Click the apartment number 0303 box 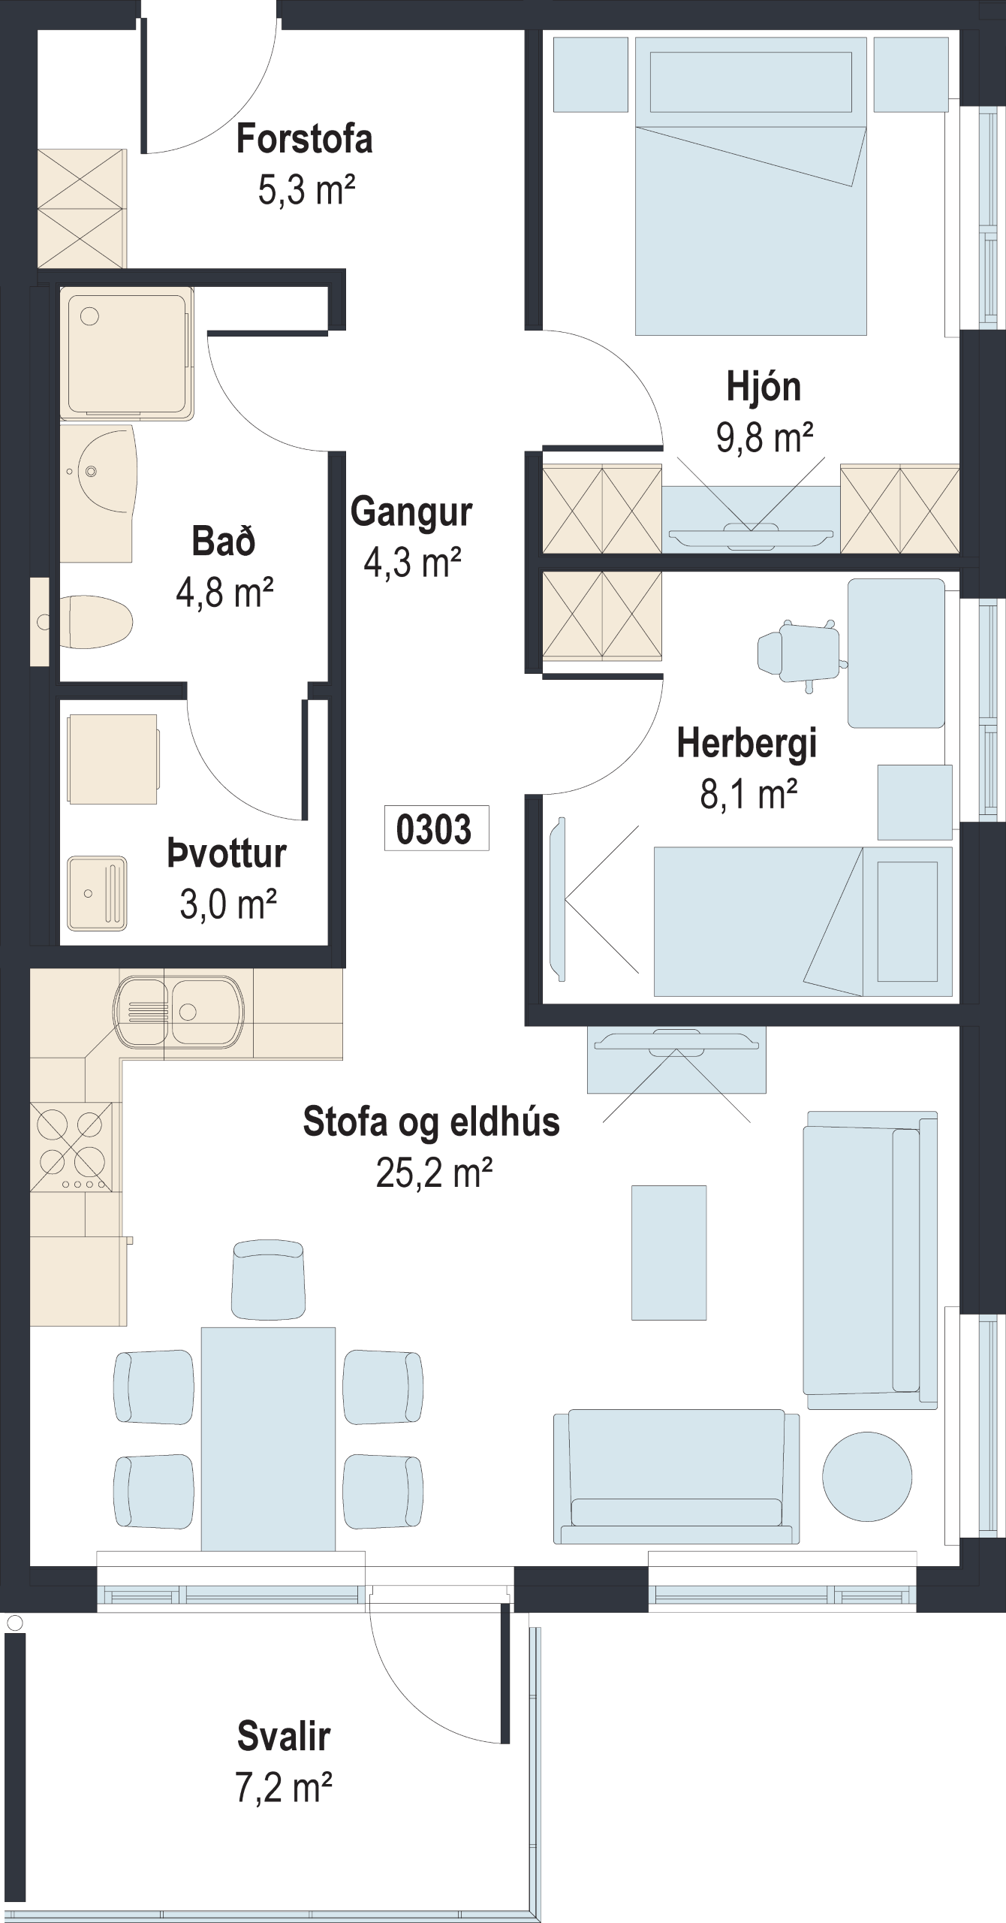[436, 828]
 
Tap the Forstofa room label [304, 140]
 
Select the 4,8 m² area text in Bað [224, 593]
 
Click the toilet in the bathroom [96, 622]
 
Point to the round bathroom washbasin [98, 471]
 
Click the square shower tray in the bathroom [126, 352]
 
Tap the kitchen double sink [179, 1011]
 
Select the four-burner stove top [72, 1146]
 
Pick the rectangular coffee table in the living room [669, 1252]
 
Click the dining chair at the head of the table [268, 1279]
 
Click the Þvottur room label [227, 854]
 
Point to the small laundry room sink [97, 894]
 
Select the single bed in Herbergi [803, 922]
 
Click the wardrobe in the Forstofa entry [82, 208]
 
